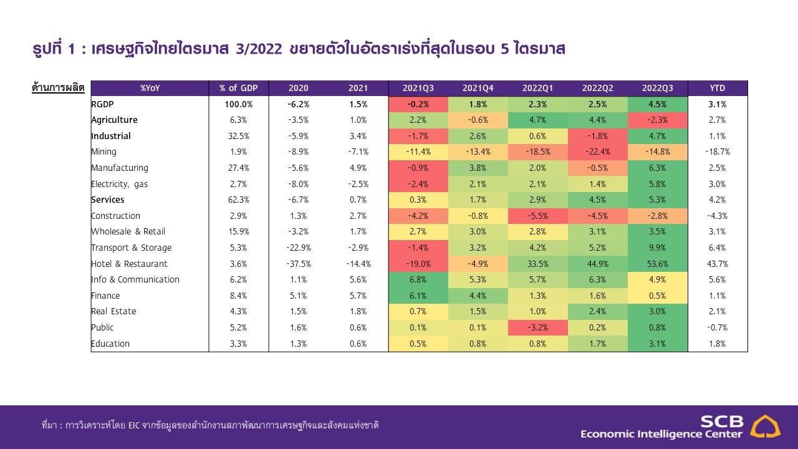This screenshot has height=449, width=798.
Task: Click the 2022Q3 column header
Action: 657,88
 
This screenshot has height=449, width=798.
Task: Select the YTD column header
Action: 717,88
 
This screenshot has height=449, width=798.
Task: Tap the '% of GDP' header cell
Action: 238,88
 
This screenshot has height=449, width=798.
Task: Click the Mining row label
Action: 103,152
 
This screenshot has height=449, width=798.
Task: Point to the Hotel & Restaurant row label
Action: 129,264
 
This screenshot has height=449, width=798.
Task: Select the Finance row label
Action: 105,296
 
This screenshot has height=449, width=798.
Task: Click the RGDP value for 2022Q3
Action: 657,104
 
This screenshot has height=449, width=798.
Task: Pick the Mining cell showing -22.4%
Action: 598,152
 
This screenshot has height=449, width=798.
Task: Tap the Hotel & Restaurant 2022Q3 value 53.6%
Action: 657,264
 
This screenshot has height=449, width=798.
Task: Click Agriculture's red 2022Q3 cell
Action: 657,120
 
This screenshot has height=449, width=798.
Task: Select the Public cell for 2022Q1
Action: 538,327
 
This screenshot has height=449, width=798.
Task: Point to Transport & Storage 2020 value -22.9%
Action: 299,248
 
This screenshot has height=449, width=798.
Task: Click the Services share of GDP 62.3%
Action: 238,200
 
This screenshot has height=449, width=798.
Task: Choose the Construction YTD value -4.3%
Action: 717,216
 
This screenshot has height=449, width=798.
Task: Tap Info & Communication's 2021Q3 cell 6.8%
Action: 418,280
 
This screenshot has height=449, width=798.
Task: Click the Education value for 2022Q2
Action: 598,344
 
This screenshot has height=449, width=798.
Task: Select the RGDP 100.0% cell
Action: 238,104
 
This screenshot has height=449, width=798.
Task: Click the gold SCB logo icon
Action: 765,426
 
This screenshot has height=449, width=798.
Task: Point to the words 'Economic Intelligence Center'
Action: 661,434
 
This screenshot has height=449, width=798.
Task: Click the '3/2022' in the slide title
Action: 259,49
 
